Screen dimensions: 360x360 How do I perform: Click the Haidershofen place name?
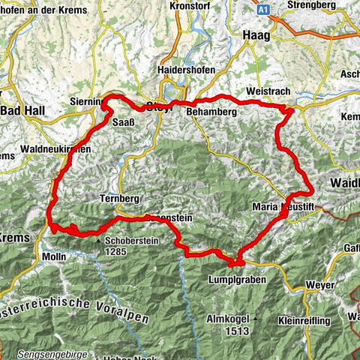(186, 70)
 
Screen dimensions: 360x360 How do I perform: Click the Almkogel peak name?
(229, 319)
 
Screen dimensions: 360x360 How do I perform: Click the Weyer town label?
(320, 285)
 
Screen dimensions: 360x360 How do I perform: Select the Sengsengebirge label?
(56, 354)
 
